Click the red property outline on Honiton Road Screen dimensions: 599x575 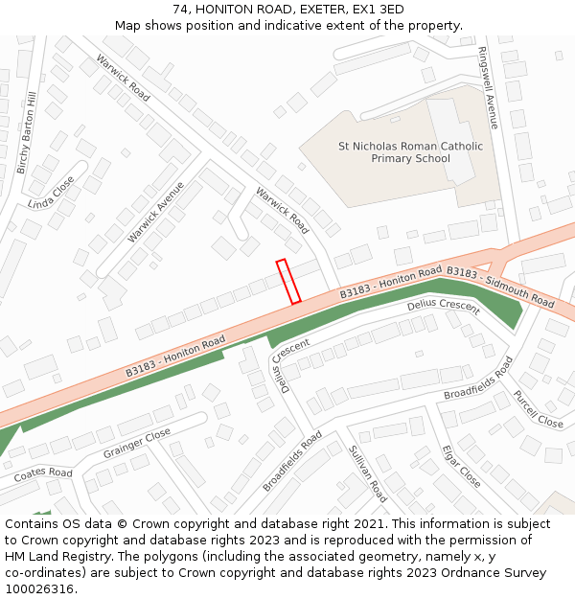point(288,282)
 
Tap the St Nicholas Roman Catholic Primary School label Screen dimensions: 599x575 point(411,152)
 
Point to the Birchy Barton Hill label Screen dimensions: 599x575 point(26,133)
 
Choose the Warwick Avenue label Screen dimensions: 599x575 point(155,210)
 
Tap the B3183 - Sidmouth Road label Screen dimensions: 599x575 point(500,287)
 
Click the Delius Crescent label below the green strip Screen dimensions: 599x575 point(443,307)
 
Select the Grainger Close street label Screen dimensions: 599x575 point(136,443)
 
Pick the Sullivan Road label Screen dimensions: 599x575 point(368,473)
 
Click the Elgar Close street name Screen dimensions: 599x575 point(461,465)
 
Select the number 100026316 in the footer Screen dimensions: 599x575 point(39,589)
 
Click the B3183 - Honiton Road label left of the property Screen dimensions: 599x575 point(175,356)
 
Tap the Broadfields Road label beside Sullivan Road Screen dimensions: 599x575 point(292,461)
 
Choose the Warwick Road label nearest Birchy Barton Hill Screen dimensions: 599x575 point(123,78)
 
